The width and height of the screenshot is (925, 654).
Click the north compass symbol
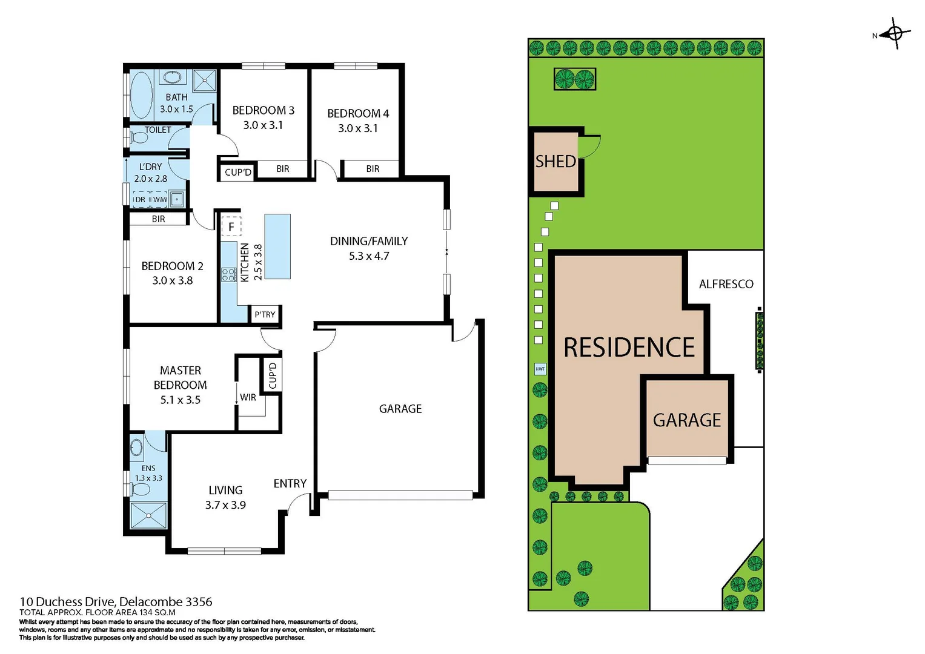(894, 34)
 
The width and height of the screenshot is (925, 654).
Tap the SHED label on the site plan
(555, 162)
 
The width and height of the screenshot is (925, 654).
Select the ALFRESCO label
(726, 284)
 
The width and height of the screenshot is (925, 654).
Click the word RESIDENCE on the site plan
(629, 348)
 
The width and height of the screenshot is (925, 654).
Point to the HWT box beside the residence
(540, 369)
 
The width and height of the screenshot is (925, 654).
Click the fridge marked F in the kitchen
(231, 226)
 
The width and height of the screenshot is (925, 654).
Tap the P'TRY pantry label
(265, 314)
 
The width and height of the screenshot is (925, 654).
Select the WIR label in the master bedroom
(248, 397)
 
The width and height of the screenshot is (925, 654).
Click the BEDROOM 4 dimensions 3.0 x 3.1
(357, 128)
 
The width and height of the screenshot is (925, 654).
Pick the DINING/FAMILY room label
(368, 241)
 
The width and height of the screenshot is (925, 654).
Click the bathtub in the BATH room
(142, 95)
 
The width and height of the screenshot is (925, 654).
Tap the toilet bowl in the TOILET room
(140, 138)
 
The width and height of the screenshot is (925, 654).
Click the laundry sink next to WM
(177, 199)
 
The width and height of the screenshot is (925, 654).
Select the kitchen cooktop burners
(228, 274)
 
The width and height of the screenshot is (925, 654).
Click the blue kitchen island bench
(277, 246)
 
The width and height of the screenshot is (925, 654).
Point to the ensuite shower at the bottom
(148, 515)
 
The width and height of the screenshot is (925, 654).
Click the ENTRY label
(290, 483)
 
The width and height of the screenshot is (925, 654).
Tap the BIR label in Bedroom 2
(158, 219)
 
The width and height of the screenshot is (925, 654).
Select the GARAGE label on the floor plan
(400, 409)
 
